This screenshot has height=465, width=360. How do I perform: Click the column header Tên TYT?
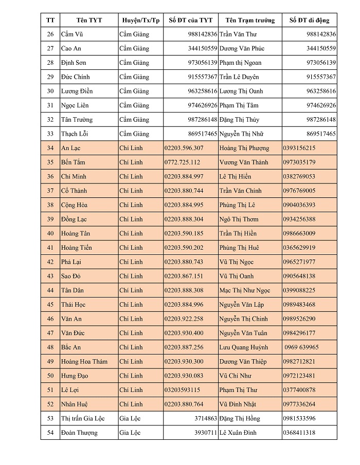89,20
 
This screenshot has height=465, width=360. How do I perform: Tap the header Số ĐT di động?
309,20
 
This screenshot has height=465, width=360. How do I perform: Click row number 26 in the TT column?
50,34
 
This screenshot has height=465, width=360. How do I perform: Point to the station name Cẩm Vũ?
73,34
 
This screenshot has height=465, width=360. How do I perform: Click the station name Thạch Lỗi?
75,134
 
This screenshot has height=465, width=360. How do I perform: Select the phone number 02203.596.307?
184,148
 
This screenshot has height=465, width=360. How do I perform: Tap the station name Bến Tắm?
73,162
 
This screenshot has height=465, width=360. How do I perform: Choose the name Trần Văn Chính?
240,191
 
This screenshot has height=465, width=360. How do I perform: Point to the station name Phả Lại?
72,262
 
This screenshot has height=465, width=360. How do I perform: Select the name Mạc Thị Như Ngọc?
244,290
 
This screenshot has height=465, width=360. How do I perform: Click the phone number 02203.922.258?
184,319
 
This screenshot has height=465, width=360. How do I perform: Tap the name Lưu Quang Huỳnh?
243,347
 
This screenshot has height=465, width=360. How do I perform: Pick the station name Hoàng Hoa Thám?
84,361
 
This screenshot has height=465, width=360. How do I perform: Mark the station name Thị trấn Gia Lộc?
83,418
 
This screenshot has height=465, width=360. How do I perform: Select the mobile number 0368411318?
299,433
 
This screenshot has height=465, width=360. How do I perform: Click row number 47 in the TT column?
50,333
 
